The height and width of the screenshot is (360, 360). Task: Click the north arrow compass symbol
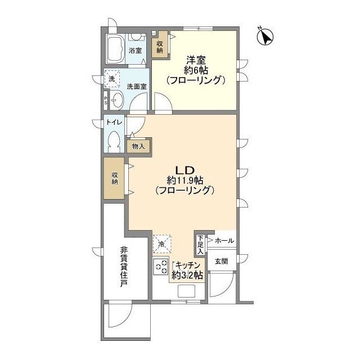coord(265,36)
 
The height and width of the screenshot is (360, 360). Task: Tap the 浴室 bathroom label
coord(135,51)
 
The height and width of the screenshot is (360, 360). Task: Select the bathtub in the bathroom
coord(115,49)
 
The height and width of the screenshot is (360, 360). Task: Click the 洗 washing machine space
coord(112,79)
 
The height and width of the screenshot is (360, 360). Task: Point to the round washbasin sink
coord(117,100)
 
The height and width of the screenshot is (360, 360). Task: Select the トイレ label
coord(114,123)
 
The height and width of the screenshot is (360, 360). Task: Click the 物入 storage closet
coord(138,146)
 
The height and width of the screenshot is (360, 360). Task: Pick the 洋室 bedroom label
coord(196,60)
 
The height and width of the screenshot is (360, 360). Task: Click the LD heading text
coord(185,170)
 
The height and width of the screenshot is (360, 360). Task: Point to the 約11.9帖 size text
coord(185,181)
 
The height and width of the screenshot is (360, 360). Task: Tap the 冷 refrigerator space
coord(162,244)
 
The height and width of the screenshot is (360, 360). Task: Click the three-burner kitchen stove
coord(161,267)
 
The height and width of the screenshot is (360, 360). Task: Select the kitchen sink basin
coord(186,291)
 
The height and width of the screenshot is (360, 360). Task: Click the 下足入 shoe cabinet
coord(201,245)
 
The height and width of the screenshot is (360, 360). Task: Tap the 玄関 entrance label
coord(221,261)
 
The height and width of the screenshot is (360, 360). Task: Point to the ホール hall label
coord(224,241)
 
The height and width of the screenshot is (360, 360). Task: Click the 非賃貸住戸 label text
coord(124,267)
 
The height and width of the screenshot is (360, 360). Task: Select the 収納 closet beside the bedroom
coord(160,47)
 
